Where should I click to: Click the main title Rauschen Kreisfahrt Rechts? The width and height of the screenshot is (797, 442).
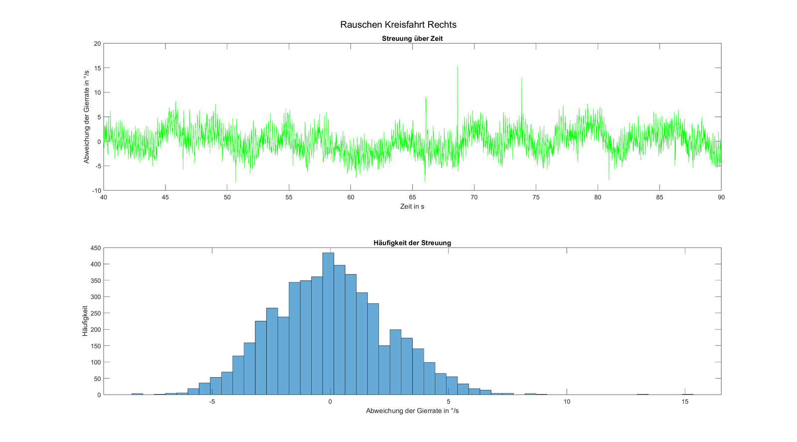398,24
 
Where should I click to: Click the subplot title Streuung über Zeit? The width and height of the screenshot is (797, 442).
412,38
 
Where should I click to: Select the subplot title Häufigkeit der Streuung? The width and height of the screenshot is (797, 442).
412,243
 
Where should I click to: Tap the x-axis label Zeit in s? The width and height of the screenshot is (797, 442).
412,206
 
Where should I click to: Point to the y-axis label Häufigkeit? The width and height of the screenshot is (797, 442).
85,321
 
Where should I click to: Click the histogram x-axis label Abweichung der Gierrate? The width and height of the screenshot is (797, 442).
412,411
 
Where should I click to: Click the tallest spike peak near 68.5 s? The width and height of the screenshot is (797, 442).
457,67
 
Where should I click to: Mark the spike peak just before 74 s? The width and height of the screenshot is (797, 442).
521,78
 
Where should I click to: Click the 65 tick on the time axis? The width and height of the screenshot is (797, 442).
412,197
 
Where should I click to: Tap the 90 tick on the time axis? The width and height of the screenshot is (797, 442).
721,197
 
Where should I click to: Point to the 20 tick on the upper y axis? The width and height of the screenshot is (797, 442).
97,44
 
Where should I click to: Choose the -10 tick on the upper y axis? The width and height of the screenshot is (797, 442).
96,191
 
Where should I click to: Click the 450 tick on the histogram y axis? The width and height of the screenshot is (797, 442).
95,248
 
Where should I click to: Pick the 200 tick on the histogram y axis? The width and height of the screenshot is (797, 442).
95,329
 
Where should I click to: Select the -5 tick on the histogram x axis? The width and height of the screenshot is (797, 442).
211,402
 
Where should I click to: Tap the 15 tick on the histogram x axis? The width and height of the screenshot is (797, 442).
685,402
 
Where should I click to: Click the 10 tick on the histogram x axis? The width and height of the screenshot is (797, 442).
567,402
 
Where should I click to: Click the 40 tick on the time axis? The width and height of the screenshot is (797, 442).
104,197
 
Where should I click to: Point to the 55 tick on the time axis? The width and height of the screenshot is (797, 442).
289,197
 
